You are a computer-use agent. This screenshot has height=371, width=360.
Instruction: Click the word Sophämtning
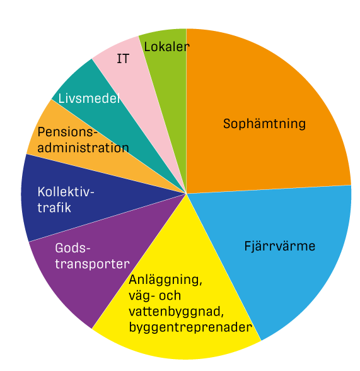[264, 124]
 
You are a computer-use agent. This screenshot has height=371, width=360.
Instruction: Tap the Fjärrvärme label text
[280, 246]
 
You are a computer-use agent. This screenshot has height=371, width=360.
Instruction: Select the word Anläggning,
[165, 280]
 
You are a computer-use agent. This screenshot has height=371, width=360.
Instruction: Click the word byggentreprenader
[190, 327]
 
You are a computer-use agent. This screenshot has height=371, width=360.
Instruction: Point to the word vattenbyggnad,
[177, 312]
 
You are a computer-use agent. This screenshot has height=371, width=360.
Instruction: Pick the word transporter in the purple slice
[93, 264]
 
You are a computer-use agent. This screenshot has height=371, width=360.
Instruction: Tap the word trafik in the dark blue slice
[54, 208]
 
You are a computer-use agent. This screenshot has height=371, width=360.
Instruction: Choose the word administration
[83, 148]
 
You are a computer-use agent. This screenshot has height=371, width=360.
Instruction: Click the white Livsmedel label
[89, 98]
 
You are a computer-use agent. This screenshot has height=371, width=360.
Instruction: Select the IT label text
[123, 59]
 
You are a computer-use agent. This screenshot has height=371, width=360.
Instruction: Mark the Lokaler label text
[166, 47]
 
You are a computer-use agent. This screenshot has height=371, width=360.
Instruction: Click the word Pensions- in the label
[67, 132]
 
